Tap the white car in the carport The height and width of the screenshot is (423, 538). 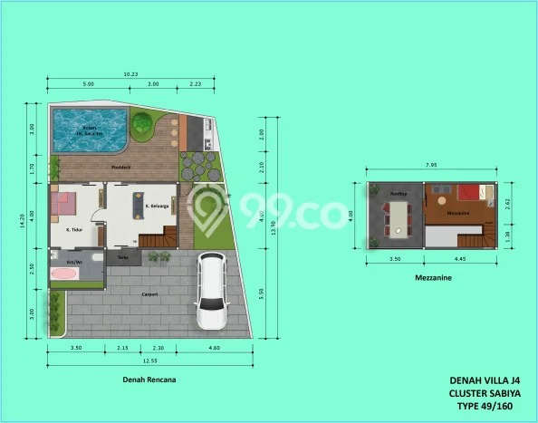coord(212,292)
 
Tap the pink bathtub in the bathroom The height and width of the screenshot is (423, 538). coord(66,273)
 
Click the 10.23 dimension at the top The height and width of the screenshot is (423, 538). coord(130,74)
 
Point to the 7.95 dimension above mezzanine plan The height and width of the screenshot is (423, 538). coord(430,165)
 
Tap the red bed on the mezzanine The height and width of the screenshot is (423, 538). coord(468,193)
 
